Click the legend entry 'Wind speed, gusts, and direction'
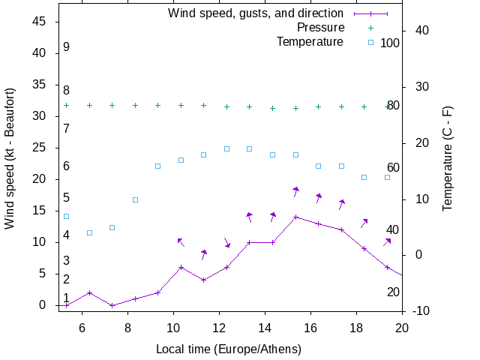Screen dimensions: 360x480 click(x=256, y=13)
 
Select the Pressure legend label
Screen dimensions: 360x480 click(x=320, y=28)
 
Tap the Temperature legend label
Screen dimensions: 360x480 click(x=310, y=42)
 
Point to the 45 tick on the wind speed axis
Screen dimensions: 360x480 click(x=41, y=22)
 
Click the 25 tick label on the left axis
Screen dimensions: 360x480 click(x=41, y=148)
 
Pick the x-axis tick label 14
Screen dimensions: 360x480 click(x=265, y=327)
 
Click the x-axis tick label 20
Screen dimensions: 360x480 click(x=403, y=327)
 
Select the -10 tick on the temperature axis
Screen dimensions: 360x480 click(x=421, y=311)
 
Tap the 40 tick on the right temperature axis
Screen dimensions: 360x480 click(x=421, y=31)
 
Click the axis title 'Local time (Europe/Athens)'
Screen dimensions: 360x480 click(x=229, y=349)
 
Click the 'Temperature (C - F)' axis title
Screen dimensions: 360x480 click(x=448, y=158)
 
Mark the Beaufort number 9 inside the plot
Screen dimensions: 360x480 click(x=66, y=47)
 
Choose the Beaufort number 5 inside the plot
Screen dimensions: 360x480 click(x=66, y=198)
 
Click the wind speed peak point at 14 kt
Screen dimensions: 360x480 click(x=296, y=217)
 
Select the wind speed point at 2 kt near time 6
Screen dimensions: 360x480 click(x=89, y=292)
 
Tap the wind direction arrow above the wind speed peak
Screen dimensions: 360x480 click(x=296, y=191)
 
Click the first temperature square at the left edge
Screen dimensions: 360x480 click(x=66, y=216)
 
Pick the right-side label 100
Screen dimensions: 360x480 click(x=390, y=43)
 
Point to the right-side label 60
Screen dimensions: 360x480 click(x=393, y=168)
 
